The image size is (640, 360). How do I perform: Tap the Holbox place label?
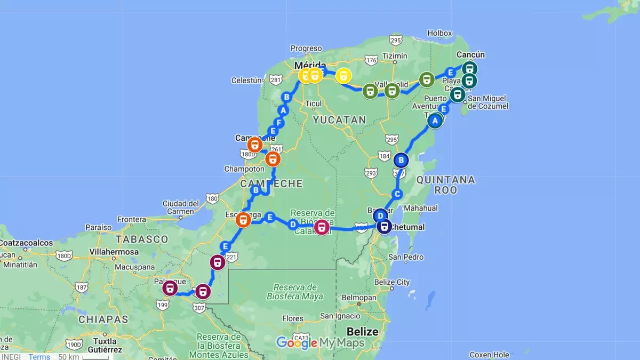[439, 33]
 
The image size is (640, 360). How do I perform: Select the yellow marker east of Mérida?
[344, 76]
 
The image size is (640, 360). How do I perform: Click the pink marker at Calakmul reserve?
[321, 227]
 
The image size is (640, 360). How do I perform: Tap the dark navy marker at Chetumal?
[384, 227]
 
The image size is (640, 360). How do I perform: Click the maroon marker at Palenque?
[170, 289]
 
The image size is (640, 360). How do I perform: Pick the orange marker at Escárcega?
[243, 220]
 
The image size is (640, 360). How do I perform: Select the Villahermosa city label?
[115, 252]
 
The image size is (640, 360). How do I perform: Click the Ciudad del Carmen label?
[181, 207]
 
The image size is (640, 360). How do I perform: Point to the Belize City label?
[391, 282]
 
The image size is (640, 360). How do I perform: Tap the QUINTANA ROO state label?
[445, 185]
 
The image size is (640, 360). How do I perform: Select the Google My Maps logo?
[320, 343]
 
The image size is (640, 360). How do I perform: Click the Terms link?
[39, 357]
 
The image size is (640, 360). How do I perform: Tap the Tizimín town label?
[395, 56]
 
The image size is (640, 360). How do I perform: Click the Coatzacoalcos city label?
[27, 243]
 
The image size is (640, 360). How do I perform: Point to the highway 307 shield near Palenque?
[199, 308]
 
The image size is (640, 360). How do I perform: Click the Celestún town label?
[246, 81]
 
